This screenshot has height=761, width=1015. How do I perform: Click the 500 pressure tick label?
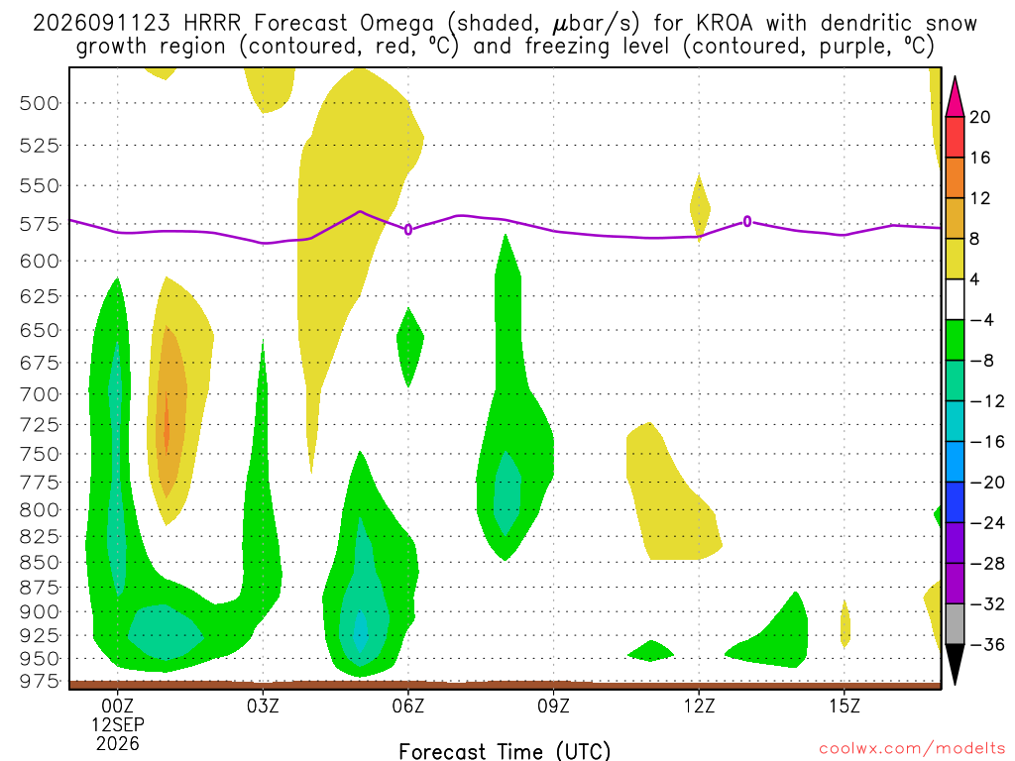(x=39, y=103)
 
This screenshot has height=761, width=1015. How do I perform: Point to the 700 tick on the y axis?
(x=39, y=394)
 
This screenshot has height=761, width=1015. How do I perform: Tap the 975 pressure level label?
(x=39, y=682)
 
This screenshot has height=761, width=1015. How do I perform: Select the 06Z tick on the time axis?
(x=408, y=706)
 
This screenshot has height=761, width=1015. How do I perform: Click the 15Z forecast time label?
(x=845, y=706)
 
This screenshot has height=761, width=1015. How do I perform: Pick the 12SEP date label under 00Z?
(x=118, y=724)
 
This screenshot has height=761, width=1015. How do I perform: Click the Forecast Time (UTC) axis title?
(x=505, y=751)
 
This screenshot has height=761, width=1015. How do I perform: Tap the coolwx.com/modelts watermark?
(x=912, y=749)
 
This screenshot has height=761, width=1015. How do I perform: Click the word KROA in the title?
(x=725, y=24)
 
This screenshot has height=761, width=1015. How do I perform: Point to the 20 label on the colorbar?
(x=980, y=117)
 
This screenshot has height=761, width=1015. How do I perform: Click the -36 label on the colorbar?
(x=987, y=644)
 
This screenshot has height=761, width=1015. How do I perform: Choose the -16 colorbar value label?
(x=987, y=442)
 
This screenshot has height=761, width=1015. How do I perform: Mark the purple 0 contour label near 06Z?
(x=408, y=230)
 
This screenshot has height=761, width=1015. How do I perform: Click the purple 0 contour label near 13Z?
(x=747, y=222)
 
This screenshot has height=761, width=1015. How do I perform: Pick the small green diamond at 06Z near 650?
(x=409, y=347)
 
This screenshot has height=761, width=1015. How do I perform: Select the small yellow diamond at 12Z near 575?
(x=700, y=208)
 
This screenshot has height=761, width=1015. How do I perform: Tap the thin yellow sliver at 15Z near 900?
(x=845, y=624)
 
